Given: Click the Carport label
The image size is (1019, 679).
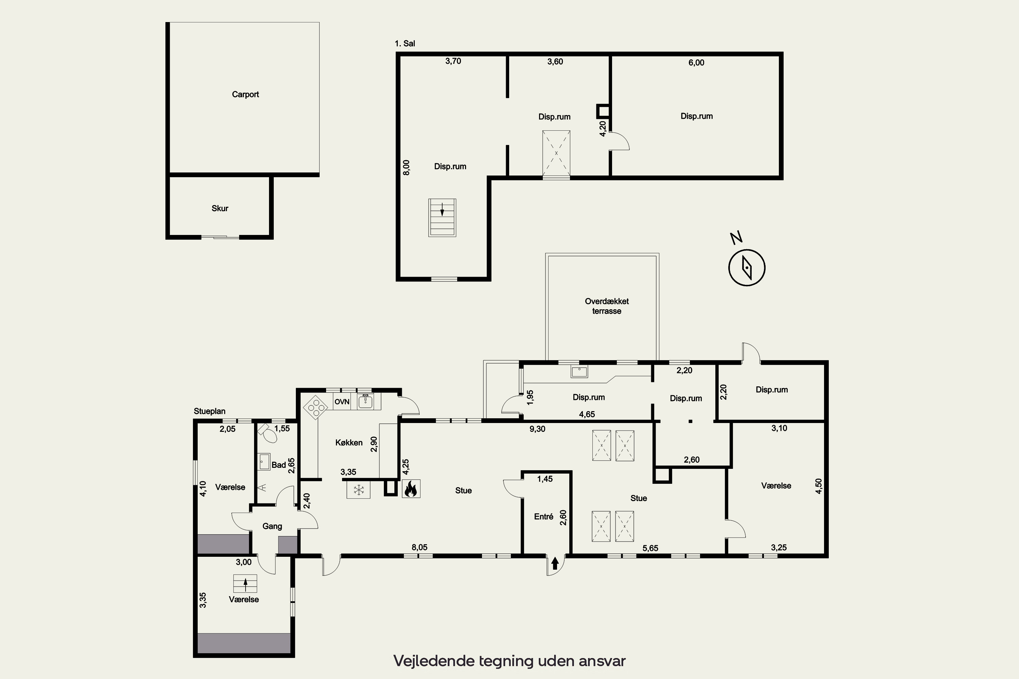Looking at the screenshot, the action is [245, 94].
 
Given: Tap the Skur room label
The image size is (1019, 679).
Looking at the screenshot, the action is [220, 208].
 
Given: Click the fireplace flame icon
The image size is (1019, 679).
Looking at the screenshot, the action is [411, 489].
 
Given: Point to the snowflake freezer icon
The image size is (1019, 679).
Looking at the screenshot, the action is [358, 490].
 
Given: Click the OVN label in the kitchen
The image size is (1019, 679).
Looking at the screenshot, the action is [342, 402].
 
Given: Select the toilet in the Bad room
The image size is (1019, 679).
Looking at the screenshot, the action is [268, 433].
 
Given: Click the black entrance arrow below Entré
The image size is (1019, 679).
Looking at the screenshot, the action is [555, 563].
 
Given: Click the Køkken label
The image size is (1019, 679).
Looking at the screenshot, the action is [349, 443].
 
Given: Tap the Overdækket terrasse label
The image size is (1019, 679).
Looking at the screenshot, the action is [607, 306].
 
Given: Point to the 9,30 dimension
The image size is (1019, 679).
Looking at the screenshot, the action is [537, 429].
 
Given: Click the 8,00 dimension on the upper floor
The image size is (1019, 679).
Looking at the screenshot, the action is [406, 168].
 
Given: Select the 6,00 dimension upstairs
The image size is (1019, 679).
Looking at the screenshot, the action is [696, 63].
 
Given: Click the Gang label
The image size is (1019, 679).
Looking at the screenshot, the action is [272, 526].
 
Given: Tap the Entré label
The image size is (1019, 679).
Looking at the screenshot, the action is [544, 517].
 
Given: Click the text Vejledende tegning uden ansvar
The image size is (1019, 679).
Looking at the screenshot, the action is [509, 661].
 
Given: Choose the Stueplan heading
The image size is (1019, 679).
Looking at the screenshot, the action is [210, 411].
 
